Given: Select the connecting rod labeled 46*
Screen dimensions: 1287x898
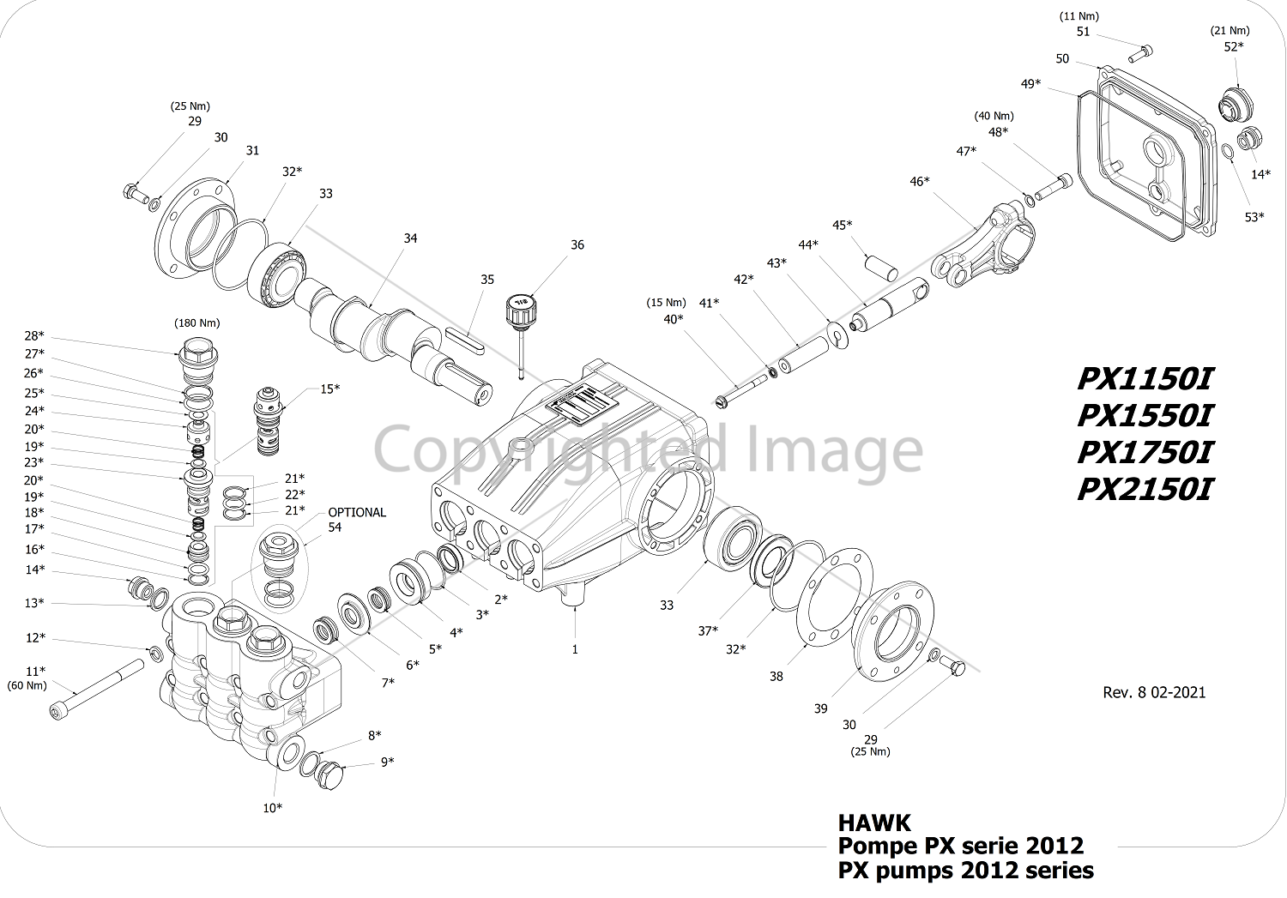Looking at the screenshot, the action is point(983,245).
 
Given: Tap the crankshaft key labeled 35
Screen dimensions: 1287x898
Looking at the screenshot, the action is point(465,340).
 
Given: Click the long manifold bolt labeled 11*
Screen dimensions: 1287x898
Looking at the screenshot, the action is point(96,689).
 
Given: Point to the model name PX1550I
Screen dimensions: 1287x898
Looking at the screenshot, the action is point(1145,415).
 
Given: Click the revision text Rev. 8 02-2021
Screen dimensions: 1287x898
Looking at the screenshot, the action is point(1154,692).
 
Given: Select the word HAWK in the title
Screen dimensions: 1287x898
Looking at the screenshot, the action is point(874,823).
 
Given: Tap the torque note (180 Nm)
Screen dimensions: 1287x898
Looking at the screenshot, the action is point(197,322).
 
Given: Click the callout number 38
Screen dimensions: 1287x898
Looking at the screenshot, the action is point(776,677).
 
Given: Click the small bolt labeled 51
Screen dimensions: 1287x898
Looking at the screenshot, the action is point(1140,54).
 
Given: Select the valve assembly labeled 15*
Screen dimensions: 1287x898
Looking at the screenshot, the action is point(269,420).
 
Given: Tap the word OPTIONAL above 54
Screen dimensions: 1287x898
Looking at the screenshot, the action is point(357,512).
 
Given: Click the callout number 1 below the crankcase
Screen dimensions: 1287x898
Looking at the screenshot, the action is point(575,649).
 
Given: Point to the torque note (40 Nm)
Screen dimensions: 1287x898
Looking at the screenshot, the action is point(994,116).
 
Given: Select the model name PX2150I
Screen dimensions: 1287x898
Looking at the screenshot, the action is point(1145,490).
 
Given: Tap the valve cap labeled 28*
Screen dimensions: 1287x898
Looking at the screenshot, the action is point(197,357).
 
